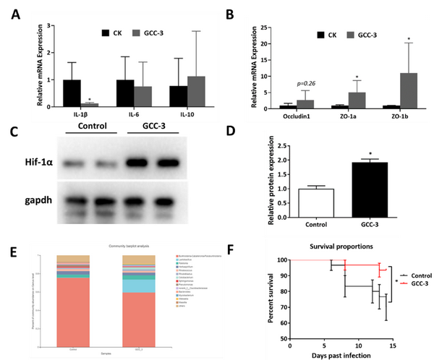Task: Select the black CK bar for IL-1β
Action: [x=72, y=93]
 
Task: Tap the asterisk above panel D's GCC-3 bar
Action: [x=371, y=155]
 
